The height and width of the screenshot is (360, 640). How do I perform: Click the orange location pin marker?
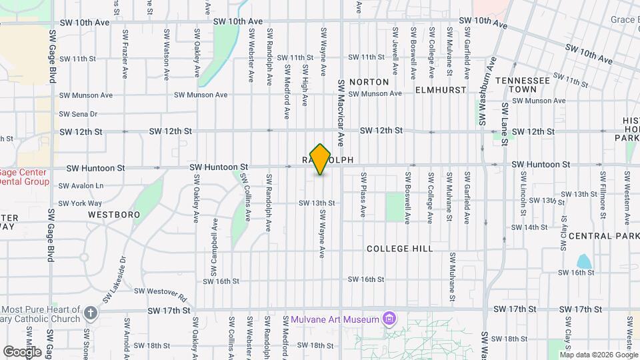(x=321, y=159)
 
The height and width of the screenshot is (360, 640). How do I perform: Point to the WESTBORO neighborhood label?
(x=114, y=215)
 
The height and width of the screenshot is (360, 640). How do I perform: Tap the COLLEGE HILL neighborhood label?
(x=400, y=249)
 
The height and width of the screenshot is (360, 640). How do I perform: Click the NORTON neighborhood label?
(x=369, y=82)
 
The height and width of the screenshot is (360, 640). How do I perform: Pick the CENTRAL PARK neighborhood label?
(x=604, y=236)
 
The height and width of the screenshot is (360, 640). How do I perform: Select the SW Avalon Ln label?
(x=81, y=185)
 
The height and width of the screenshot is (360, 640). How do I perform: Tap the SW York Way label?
(x=81, y=203)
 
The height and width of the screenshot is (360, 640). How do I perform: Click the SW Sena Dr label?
(x=79, y=114)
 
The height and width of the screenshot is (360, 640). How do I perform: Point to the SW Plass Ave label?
(x=364, y=195)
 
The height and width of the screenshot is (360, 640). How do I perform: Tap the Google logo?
(x=22, y=351)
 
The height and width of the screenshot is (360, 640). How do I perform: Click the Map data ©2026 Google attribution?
(x=597, y=355)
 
